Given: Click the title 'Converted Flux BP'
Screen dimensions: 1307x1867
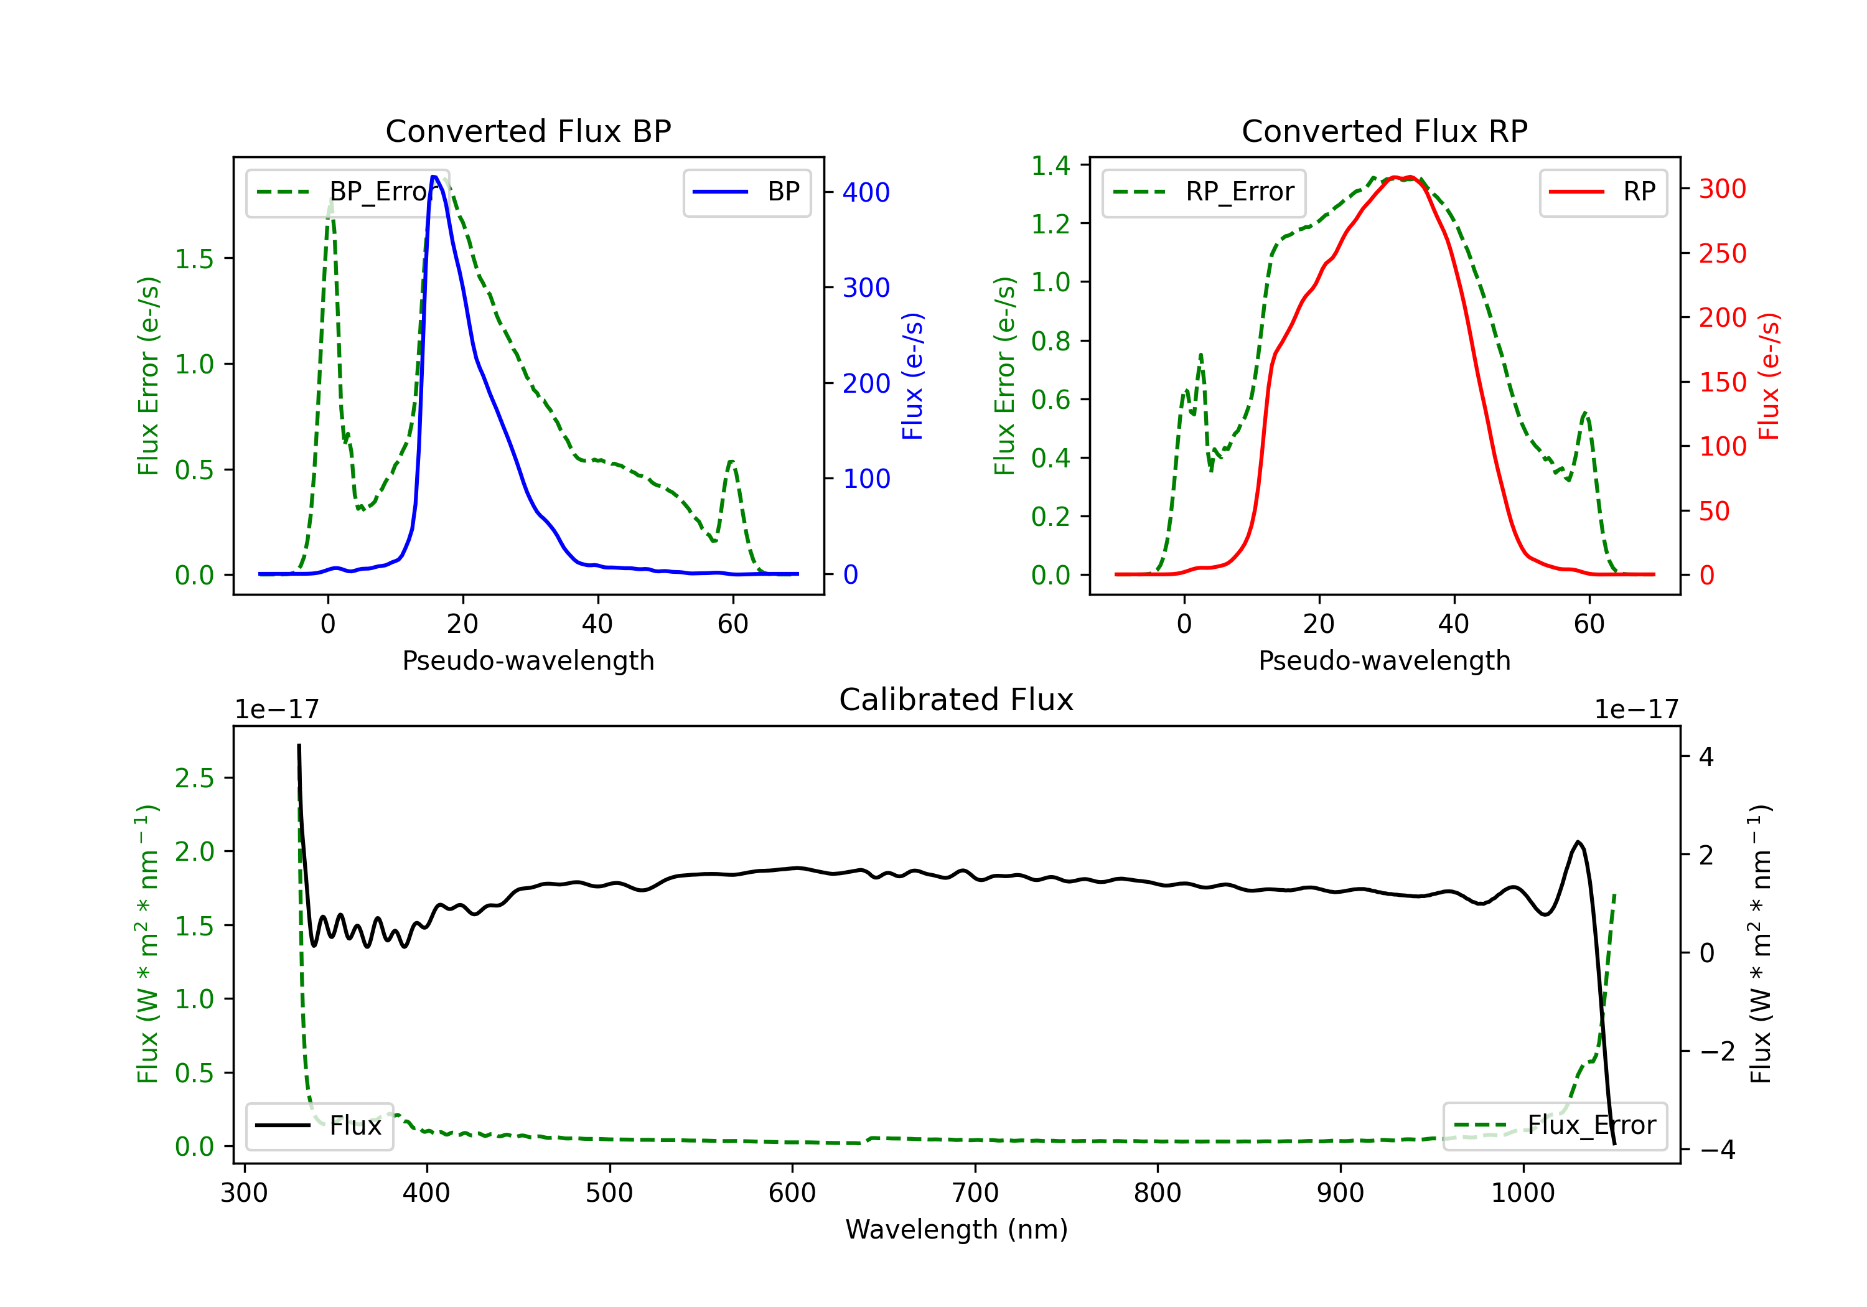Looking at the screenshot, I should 528,131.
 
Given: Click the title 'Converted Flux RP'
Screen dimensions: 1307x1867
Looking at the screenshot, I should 1384,131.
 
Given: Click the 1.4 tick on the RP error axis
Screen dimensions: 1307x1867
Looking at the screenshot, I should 1050,166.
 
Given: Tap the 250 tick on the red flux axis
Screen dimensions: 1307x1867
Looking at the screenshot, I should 1722,254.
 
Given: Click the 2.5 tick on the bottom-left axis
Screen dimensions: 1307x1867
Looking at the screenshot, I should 194,779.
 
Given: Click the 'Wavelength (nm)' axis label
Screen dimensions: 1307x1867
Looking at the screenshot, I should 957,1229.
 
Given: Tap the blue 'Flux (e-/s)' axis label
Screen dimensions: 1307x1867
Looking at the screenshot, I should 912,377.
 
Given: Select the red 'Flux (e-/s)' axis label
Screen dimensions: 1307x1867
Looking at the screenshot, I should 1769,377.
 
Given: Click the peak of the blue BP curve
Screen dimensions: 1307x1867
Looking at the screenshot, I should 434,177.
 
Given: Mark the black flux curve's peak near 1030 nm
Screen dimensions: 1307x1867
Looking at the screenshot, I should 1578,842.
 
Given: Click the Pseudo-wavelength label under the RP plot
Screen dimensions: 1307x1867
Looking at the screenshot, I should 1384,660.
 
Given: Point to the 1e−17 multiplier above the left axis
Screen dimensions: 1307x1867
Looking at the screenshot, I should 276,710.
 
